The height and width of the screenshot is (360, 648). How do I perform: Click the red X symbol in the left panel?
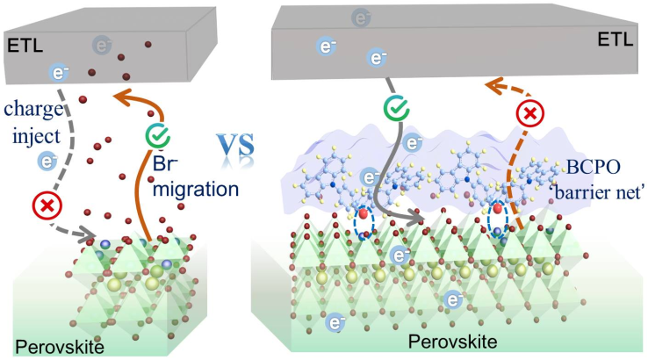point(45,207)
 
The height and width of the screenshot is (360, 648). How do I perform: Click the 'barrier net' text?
point(598,191)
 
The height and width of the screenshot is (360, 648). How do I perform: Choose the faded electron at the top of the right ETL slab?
point(360,17)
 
